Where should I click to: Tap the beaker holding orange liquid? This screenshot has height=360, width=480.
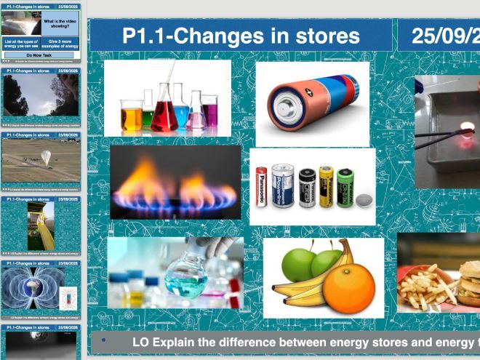click(x=132, y=116)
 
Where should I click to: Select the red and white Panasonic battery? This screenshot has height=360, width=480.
click(x=261, y=186)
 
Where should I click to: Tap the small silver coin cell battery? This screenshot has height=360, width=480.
click(x=363, y=198)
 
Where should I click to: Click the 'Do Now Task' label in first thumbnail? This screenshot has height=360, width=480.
click(x=41, y=55)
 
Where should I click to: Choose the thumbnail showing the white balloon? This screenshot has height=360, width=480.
click(x=41, y=162)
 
